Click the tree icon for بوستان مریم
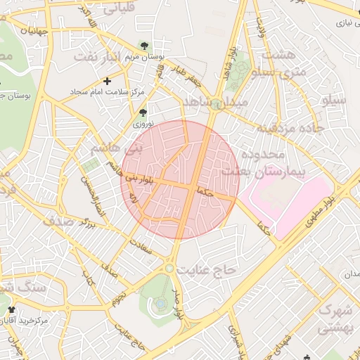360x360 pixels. coord(144,46)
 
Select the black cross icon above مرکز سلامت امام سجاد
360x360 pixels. coord(107,81)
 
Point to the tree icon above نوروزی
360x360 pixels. coord(143,112)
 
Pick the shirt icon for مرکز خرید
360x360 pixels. coord(10,309)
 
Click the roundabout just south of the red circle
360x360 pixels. coord(169,268)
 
